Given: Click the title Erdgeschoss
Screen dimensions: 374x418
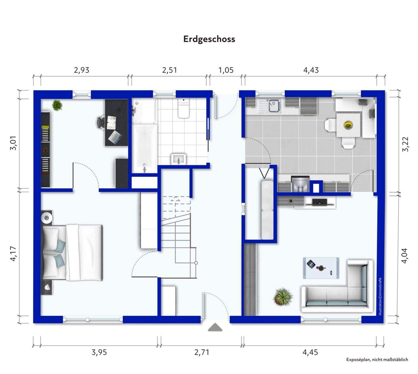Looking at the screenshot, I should click(x=209, y=39).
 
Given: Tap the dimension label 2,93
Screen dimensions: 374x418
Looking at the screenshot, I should click(x=82, y=70).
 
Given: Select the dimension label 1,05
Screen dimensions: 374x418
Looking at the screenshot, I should click(x=226, y=70).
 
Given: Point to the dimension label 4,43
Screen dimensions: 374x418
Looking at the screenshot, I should click(x=311, y=70).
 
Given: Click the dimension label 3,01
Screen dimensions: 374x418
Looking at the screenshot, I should click(x=14, y=143).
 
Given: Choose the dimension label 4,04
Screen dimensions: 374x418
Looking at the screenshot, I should click(x=404, y=256).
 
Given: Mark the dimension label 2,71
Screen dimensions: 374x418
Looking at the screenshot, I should click(x=201, y=352).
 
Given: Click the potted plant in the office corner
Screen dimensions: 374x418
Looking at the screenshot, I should click(x=57, y=105).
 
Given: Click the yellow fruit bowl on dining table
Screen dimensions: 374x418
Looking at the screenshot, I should click(x=348, y=125).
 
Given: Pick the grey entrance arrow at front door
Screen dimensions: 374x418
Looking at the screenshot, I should click(x=215, y=327).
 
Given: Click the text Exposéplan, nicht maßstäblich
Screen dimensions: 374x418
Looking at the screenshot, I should click(x=377, y=359).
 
